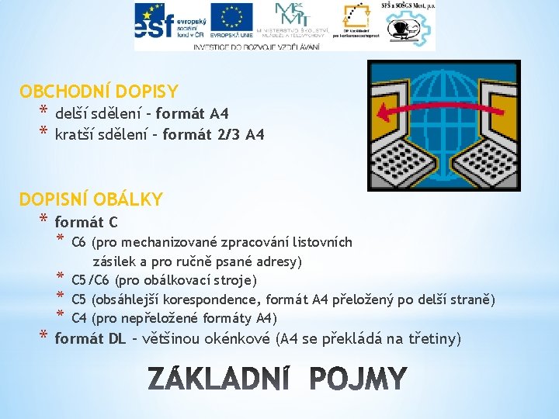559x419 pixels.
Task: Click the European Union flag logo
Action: tap(231, 21)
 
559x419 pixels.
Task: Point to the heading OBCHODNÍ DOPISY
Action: tap(99, 91)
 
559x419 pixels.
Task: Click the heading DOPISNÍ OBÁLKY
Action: tap(91, 199)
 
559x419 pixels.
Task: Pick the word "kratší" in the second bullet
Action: tap(77, 135)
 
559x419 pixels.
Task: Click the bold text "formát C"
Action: tap(86, 223)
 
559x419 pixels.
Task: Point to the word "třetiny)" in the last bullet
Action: tap(435, 338)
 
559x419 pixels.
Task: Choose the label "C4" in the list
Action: tap(78, 318)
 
